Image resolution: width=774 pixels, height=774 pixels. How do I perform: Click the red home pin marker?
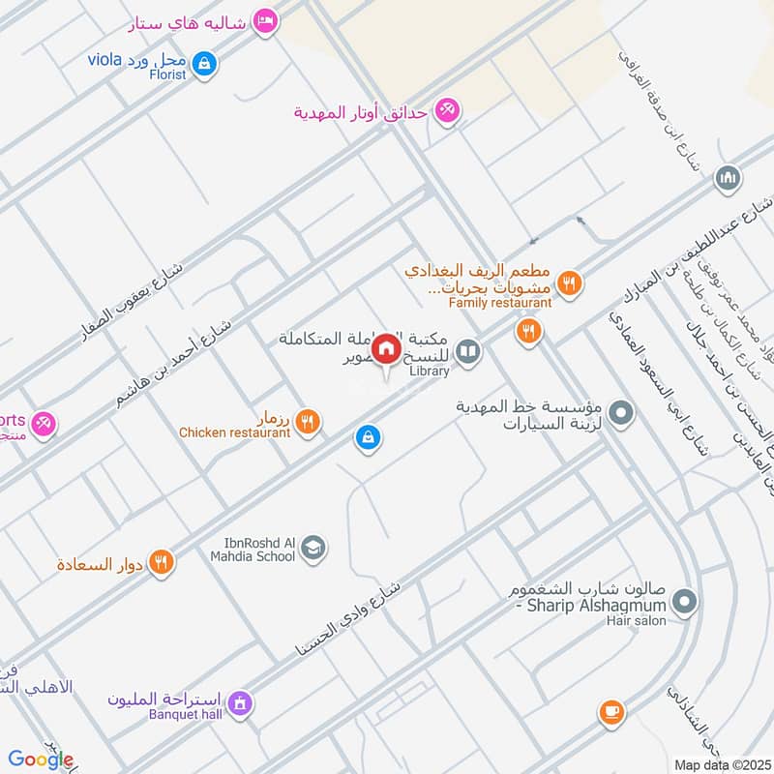tap(387, 348)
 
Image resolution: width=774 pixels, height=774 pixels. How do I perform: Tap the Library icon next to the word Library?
tap(468, 352)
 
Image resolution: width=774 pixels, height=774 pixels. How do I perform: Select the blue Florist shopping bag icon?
tap(204, 65)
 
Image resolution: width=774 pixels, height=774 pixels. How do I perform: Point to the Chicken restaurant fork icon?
tap(308, 422)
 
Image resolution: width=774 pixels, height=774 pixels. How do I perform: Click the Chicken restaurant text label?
tap(235, 432)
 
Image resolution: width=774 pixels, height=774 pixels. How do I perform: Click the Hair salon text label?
tap(637, 620)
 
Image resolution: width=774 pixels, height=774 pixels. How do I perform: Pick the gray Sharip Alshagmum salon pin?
tap(685, 603)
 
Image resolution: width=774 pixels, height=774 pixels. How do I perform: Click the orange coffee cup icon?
tap(610, 712)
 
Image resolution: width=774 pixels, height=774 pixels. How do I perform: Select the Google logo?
tap(41, 759)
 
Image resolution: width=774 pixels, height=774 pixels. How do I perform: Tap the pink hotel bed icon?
tap(264, 20)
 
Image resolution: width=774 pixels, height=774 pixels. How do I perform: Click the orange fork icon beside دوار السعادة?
tap(162, 561)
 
